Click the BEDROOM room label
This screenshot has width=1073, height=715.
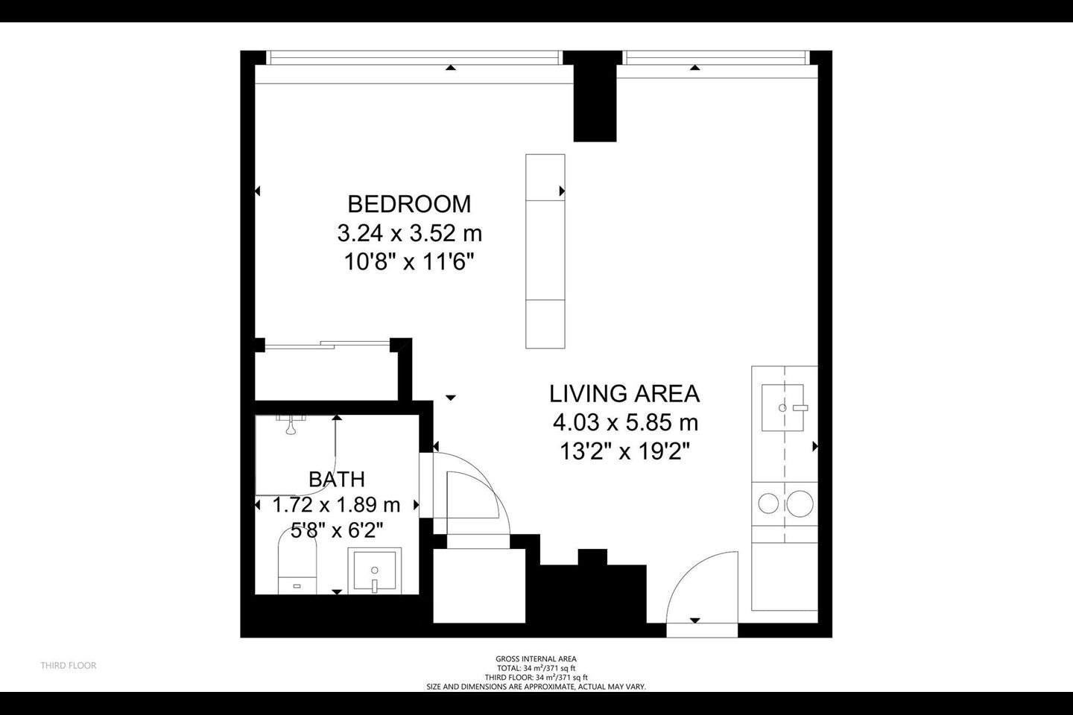pos(409,204)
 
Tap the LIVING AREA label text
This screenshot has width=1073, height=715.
pos(624,394)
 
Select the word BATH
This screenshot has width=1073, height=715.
pos(337,479)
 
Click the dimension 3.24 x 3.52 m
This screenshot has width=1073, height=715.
pos(410,234)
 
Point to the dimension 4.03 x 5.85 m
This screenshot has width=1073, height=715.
pos(625,423)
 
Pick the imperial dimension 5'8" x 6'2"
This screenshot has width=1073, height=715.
pos(338,530)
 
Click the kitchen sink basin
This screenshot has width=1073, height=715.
pos(782,407)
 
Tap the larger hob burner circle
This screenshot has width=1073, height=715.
pos(800,503)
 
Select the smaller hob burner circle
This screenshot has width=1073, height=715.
pos(768,503)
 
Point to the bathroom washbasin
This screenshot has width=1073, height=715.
pos(375,571)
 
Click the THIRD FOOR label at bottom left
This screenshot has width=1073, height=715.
pos(69,665)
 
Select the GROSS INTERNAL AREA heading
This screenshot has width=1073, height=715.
pos(536,659)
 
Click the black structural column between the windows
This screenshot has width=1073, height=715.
pos(595,96)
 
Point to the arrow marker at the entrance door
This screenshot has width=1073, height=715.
pos(695,620)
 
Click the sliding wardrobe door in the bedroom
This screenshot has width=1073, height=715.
pos(327,344)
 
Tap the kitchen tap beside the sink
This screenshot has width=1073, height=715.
pos(800,408)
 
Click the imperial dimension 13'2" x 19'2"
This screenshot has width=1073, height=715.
pos(624,451)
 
